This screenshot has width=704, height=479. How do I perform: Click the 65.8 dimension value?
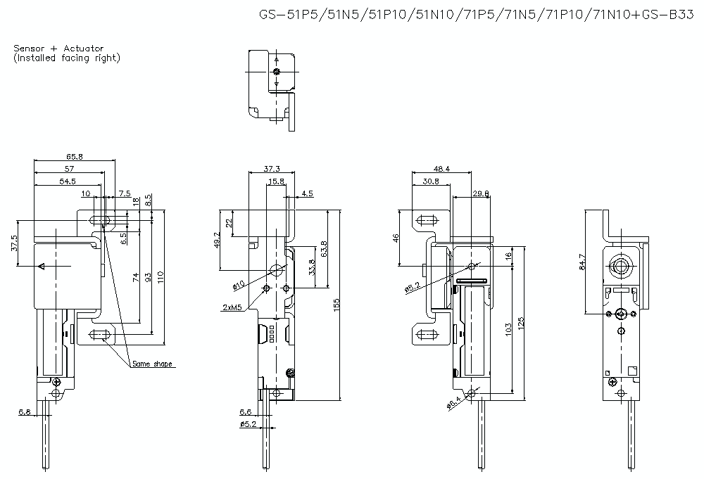(x=75, y=157)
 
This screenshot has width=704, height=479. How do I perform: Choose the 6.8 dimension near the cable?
(x=25, y=411)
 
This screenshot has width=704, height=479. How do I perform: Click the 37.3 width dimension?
(x=272, y=169)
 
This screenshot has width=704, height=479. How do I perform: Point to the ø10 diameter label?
(x=237, y=285)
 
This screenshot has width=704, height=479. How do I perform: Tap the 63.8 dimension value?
(x=322, y=249)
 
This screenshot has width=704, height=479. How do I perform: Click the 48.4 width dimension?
(x=441, y=169)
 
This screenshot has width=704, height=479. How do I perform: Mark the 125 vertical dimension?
(x=521, y=323)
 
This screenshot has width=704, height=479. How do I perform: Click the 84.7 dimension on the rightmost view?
(x=582, y=262)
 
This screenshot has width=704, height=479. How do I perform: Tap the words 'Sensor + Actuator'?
(x=58, y=49)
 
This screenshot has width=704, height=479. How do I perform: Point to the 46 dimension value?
(x=396, y=238)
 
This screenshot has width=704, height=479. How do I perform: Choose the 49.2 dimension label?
(x=217, y=240)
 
